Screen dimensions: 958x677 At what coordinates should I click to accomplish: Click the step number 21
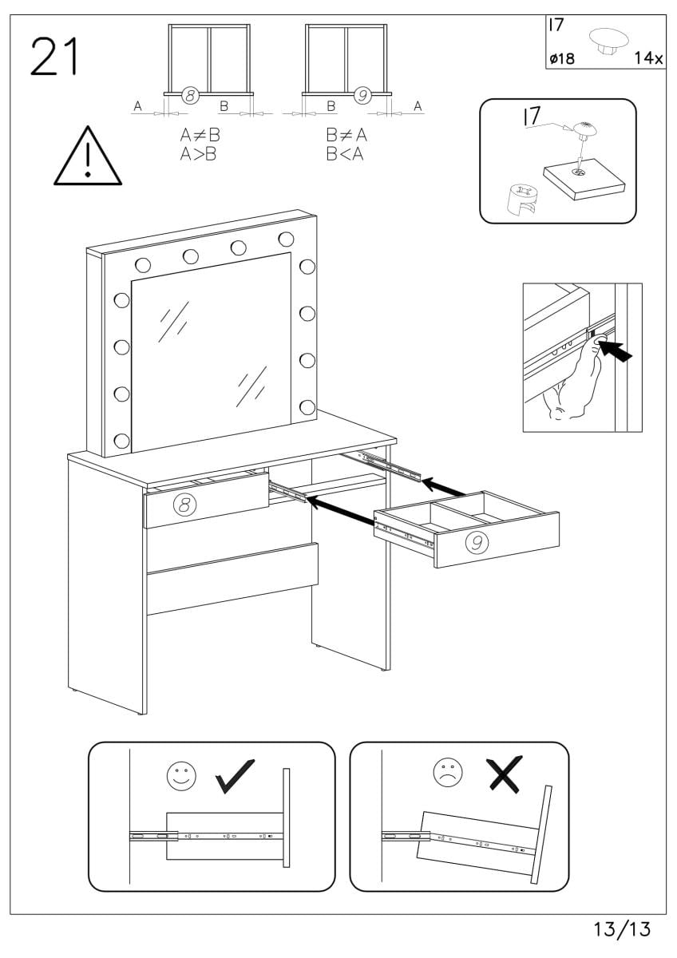tap(55, 57)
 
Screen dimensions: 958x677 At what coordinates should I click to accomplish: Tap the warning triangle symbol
tap(88, 156)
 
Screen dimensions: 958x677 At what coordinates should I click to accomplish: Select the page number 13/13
tap(622, 929)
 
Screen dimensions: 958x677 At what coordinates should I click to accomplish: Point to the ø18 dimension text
tap(562, 58)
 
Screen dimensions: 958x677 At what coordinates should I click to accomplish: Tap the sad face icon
tap(448, 771)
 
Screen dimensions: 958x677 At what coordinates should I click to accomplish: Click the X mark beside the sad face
tap(505, 772)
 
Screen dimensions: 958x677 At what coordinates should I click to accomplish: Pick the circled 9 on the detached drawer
tap(476, 543)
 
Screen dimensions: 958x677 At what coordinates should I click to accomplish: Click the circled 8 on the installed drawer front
tap(184, 504)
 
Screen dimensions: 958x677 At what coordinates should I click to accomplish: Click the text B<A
tap(344, 154)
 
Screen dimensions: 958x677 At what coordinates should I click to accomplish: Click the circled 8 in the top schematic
tap(190, 96)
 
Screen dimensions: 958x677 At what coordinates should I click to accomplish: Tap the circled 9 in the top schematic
tap(363, 96)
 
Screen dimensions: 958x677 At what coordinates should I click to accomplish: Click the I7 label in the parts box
tap(556, 25)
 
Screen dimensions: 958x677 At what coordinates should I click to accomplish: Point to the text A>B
tap(200, 154)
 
